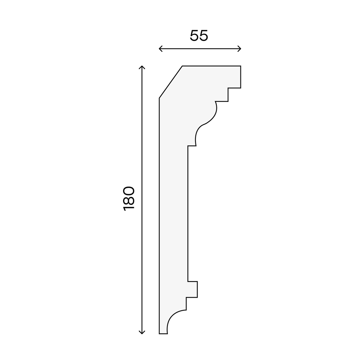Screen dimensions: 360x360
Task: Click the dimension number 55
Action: click(x=199, y=36)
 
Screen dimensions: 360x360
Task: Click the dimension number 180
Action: click(x=129, y=199)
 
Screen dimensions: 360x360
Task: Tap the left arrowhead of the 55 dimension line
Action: click(x=161, y=49)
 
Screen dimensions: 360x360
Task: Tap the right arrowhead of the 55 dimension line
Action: click(x=239, y=49)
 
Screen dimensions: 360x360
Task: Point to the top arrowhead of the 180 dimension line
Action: click(x=142, y=67)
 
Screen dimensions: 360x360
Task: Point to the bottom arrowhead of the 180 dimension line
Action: click(x=142, y=332)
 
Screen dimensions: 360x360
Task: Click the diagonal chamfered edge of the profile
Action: click(x=171, y=82)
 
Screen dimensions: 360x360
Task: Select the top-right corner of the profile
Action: click(x=240, y=66)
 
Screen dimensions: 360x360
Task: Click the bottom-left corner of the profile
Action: click(x=159, y=334)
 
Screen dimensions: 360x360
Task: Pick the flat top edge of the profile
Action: click(x=211, y=66)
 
